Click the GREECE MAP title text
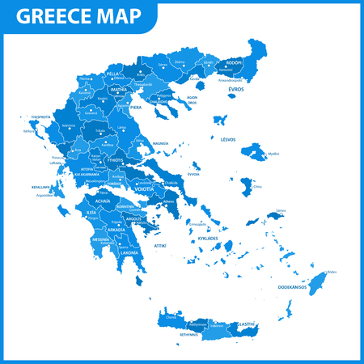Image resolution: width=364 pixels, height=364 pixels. click(78, 17)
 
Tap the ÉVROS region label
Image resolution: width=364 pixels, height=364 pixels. click(235, 89)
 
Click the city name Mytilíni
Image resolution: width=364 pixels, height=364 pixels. click(273, 153)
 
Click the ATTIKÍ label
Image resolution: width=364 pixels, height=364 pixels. click(160, 244)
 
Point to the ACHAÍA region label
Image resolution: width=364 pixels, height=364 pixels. click(102, 200)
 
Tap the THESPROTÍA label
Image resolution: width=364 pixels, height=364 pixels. click(36, 116)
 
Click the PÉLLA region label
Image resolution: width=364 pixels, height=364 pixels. click(112, 72)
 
